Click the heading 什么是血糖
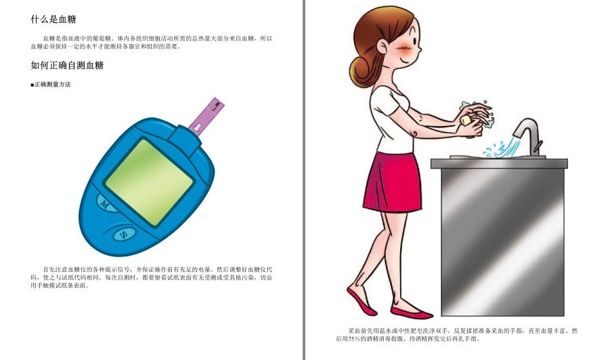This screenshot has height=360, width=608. (58, 20)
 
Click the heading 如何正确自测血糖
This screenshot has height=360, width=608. (67, 66)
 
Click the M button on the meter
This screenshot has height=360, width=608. (105, 202)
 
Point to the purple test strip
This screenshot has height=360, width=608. (205, 116)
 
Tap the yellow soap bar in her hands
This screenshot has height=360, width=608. (466, 120)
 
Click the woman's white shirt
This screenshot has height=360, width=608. (389, 112)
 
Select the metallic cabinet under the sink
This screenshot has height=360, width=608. (502, 240)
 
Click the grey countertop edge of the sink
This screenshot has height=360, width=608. (499, 163)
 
